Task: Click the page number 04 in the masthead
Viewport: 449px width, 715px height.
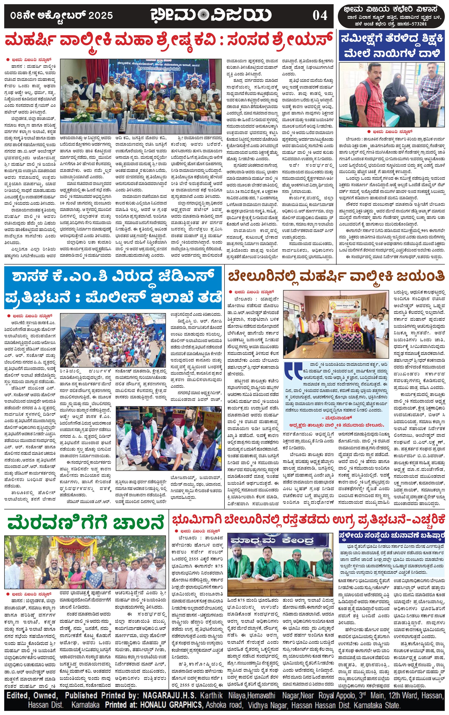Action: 320,15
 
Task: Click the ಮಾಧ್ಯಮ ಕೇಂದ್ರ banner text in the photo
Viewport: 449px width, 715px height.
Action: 272,541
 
